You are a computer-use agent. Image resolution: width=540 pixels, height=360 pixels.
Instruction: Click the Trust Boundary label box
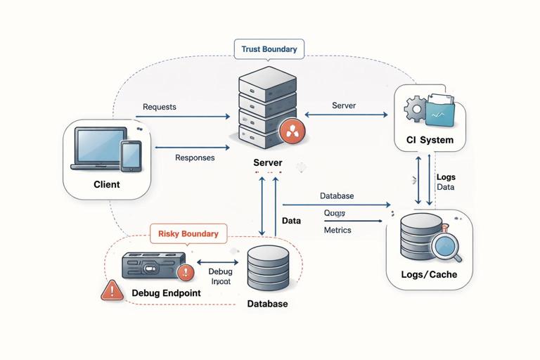point(269,49)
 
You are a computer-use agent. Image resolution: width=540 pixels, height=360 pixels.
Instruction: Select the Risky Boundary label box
point(188,233)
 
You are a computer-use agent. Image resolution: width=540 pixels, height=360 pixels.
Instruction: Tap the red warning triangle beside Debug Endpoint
point(111,290)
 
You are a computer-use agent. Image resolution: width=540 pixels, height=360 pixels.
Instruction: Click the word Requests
point(159,107)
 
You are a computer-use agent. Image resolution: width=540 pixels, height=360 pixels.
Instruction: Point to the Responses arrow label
point(194,157)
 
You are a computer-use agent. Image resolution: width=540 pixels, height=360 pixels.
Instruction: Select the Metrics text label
point(337,230)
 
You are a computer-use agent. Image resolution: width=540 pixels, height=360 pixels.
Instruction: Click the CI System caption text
point(430,140)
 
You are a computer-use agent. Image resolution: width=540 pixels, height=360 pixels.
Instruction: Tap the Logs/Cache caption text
point(429,274)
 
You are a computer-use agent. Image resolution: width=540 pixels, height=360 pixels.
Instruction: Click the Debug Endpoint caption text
point(166,292)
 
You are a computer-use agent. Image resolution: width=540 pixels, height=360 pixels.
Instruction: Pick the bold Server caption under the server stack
point(267,162)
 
